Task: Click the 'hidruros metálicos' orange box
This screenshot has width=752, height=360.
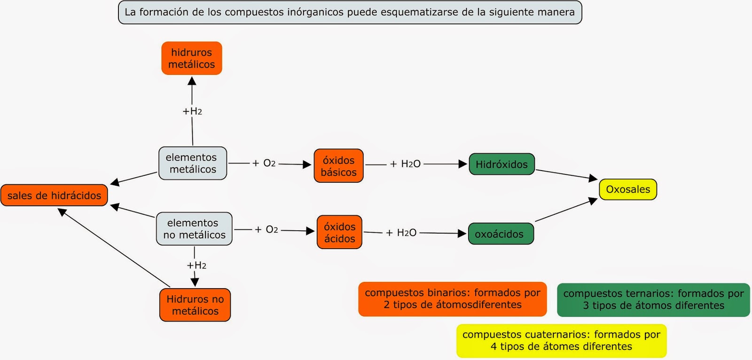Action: [191, 58]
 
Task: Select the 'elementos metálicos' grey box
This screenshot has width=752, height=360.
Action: [193, 163]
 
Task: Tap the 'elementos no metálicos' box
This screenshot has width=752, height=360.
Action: [194, 229]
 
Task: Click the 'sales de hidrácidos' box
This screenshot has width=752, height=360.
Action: [54, 196]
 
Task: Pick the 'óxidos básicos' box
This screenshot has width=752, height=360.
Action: [338, 166]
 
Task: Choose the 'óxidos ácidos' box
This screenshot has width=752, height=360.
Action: [339, 232]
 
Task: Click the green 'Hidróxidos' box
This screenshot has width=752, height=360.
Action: [501, 164]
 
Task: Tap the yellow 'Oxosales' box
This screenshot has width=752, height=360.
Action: [627, 189]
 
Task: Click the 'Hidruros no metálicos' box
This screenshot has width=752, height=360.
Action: [195, 305]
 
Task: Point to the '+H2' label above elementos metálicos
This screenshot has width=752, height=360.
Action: [192, 111]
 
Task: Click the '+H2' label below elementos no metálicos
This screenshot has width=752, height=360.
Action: [196, 266]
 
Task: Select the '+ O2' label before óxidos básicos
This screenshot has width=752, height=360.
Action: [264, 163]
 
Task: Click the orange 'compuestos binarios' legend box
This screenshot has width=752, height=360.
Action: [452, 299]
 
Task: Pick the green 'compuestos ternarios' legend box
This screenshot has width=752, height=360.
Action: [653, 300]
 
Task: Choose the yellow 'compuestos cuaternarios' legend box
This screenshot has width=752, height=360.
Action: [561, 341]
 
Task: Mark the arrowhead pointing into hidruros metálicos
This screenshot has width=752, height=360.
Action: [192, 81]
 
